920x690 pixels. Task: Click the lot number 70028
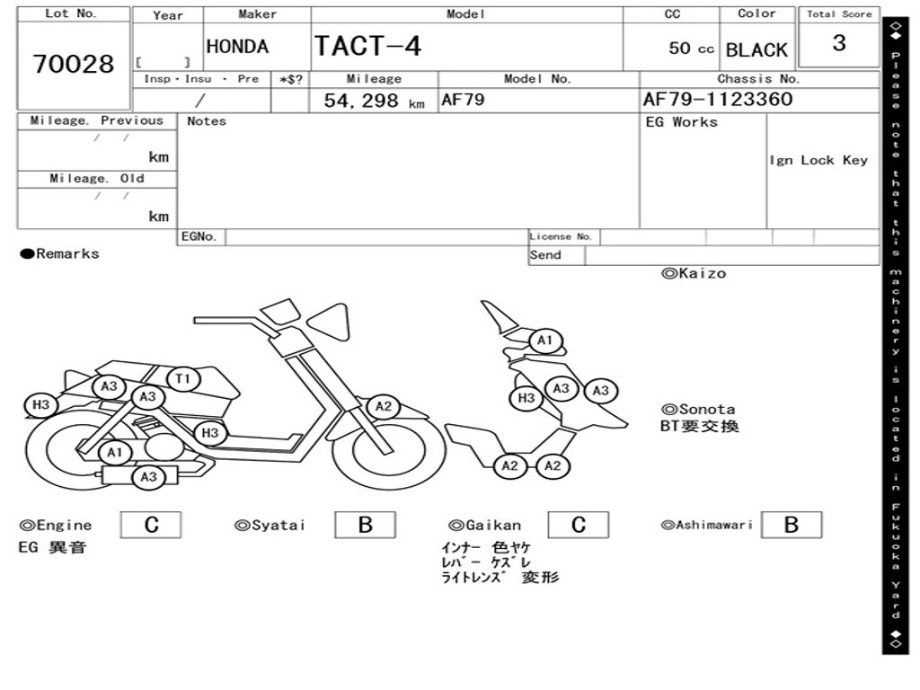point(74,65)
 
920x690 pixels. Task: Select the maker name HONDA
point(237,47)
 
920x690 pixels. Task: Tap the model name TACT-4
point(367,46)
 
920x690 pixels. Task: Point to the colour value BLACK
point(756,50)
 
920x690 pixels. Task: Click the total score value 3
point(839,43)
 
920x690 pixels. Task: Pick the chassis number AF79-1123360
point(718,99)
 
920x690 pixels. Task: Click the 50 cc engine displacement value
point(691,49)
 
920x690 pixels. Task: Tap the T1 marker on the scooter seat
point(183,379)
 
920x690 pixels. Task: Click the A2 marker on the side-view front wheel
point(384,406)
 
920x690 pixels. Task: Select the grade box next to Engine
point(151,525)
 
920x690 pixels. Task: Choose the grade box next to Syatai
point(365,525)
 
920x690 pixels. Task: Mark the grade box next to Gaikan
point(578,525)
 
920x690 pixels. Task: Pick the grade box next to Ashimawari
point(791,525)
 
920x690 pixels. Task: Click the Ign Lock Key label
point(818,160)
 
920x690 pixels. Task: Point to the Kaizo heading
point(694,273)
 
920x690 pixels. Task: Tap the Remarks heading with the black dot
point(60,254)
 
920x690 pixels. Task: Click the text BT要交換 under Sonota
point(700,426)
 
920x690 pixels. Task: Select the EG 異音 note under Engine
point(52,547)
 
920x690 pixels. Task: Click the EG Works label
point(682,122)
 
